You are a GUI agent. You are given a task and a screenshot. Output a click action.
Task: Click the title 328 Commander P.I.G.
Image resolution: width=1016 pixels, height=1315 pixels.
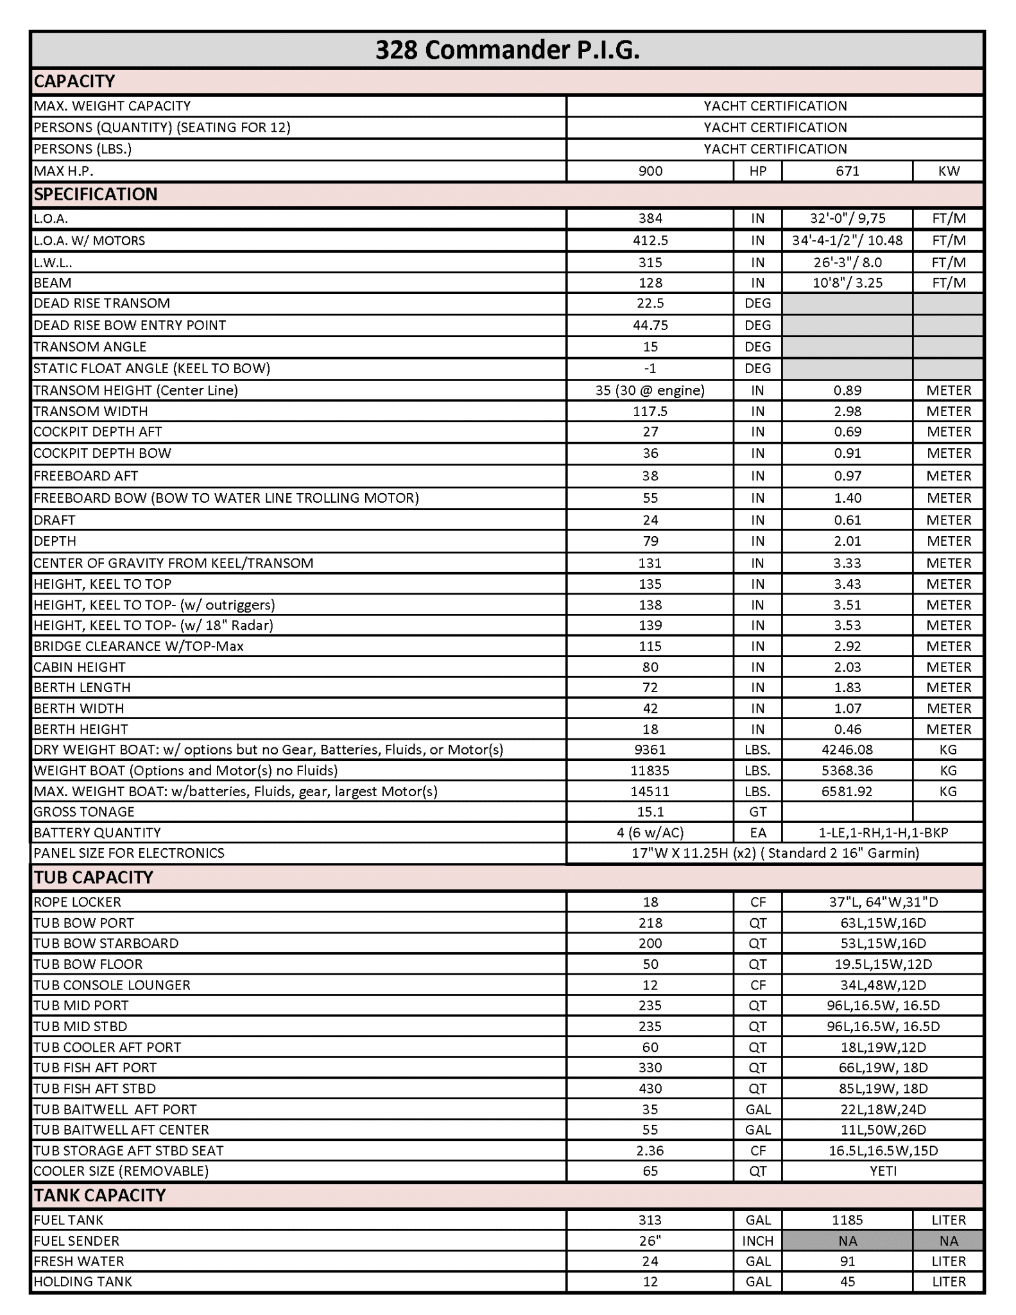click(507, 50)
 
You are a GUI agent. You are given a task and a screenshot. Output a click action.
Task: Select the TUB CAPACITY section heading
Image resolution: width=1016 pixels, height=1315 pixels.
click(94, 877)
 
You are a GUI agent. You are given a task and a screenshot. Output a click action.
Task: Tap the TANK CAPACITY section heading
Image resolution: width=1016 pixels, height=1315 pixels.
click(99, 1195)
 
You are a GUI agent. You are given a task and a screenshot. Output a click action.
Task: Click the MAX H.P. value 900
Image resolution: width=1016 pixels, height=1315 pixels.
click(650, 171)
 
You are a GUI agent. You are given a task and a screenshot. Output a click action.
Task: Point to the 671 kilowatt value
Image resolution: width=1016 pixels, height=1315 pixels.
click(847, 171)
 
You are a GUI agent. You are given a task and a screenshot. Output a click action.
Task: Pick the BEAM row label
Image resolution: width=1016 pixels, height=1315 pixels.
click(53, 283)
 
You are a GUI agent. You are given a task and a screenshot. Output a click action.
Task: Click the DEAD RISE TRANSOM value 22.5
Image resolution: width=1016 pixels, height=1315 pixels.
click(650, 303)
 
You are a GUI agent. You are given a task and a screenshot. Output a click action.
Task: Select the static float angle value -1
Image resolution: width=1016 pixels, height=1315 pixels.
click(650, 369)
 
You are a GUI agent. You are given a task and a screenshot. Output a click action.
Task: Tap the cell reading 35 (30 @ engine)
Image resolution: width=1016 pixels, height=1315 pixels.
click(650, 390)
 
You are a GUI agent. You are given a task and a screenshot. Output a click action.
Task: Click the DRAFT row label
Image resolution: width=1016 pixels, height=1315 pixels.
click(55, 520)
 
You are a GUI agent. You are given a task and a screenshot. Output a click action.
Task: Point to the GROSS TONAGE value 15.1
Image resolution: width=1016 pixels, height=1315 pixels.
click(650, 812)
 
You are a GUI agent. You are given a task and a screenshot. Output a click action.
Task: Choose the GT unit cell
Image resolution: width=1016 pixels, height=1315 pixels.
click(758, 812)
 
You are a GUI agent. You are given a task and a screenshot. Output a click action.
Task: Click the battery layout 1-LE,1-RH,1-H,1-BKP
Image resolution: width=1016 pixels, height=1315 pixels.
click(883, 833)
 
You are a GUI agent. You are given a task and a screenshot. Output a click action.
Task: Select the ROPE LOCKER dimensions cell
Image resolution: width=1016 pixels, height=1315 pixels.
click(883, 902)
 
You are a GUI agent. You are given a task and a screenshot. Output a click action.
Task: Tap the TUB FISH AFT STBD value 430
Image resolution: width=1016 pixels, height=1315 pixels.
click(650, 1088)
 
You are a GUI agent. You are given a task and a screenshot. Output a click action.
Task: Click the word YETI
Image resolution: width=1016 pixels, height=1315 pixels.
click(883, 1171)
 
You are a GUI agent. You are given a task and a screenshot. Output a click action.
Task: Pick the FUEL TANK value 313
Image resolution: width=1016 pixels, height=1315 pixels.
click(650, 1220)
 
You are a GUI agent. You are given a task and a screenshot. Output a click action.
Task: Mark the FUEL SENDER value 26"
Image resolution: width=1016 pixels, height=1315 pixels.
click(650, 1241)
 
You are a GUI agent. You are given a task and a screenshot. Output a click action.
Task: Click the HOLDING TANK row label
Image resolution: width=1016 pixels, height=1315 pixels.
click(83, 1282)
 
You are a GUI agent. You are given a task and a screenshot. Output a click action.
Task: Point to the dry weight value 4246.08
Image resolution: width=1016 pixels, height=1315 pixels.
click(847, 749)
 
